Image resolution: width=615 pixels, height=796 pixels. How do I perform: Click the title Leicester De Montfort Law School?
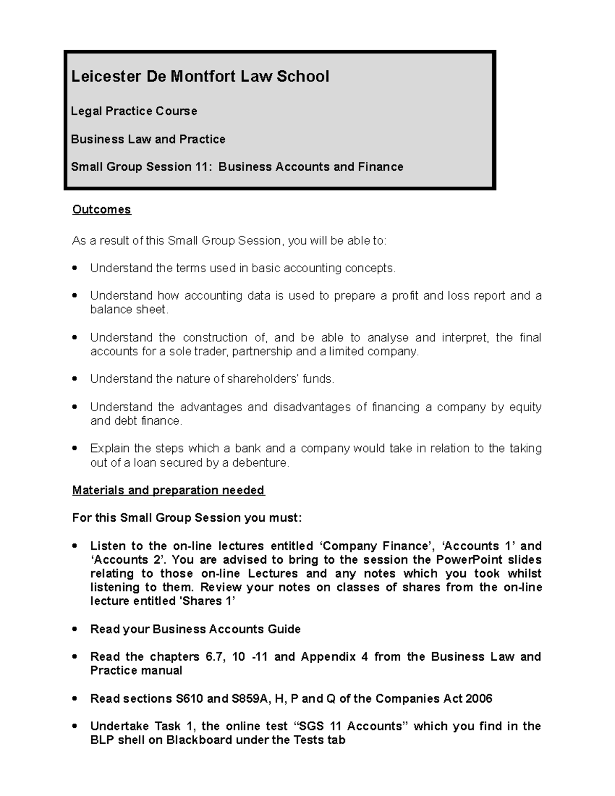(200, 77)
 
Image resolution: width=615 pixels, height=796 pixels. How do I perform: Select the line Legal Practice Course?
(134, 111)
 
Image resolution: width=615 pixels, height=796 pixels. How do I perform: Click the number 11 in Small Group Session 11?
(202, 167)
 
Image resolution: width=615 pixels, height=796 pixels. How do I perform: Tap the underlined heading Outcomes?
(101, 210)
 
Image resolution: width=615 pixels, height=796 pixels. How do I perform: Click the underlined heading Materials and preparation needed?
(168, 491)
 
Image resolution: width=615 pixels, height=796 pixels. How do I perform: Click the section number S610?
(189, 699)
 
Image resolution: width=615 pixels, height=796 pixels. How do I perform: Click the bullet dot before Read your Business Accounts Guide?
(75, 629)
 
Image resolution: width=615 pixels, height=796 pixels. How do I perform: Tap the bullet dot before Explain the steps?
(75, 448)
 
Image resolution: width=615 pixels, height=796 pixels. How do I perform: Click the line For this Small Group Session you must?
(187, 518)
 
